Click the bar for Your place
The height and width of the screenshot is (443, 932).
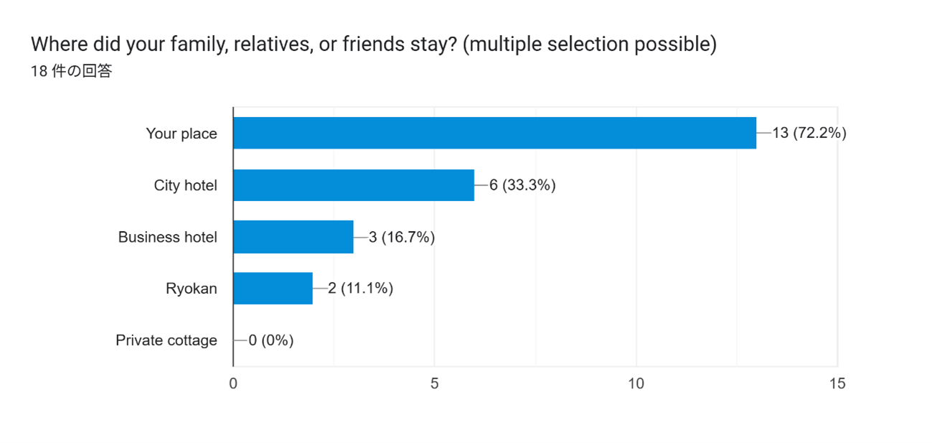coord(494,133)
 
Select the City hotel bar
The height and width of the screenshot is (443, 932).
coord(354,185)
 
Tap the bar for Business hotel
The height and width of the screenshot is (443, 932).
coord(293,237)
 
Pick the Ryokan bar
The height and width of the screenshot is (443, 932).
coord(273,289)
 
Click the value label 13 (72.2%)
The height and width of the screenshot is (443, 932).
coord(809,133)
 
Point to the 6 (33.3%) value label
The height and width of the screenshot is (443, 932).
coord(522,185)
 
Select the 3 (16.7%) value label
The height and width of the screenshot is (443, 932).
coord(402,237)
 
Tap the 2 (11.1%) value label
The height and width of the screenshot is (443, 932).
coord(360,289)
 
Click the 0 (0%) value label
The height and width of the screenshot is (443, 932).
coord(271,340)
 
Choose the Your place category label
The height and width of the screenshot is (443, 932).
coord(182,134)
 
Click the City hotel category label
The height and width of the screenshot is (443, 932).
coord(185,185)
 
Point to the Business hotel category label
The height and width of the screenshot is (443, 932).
coord(167,237)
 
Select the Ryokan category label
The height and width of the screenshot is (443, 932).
coord(191,289)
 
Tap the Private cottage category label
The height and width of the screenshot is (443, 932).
coord(166,340)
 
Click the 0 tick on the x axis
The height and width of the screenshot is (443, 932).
coord(233,384)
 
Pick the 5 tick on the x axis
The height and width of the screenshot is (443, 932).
coord(435,384)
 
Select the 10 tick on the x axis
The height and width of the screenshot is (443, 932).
coord(636,384)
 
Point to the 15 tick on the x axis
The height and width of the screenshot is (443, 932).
coord(837,384)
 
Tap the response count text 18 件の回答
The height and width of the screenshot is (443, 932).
coord(71,71)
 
